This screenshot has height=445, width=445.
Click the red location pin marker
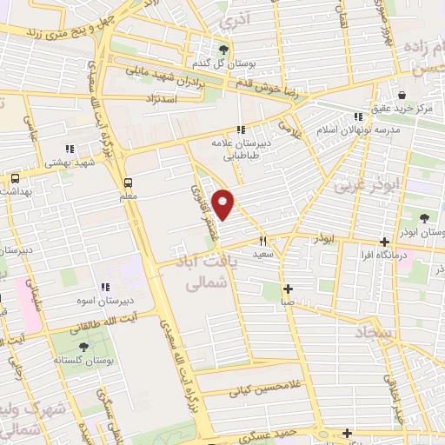224,203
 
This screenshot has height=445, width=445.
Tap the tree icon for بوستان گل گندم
224,50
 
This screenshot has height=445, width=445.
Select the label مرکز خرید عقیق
401,110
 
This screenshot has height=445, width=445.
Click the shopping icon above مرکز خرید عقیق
402,96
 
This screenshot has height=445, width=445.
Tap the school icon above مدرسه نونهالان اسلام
358,117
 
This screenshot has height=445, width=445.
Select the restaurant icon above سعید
262,241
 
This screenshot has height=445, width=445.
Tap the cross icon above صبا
288,289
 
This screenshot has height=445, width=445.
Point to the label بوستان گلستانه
82,359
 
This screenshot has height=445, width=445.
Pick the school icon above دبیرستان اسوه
104,287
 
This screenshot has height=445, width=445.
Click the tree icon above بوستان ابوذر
423,219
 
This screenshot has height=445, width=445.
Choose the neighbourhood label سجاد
375,333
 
